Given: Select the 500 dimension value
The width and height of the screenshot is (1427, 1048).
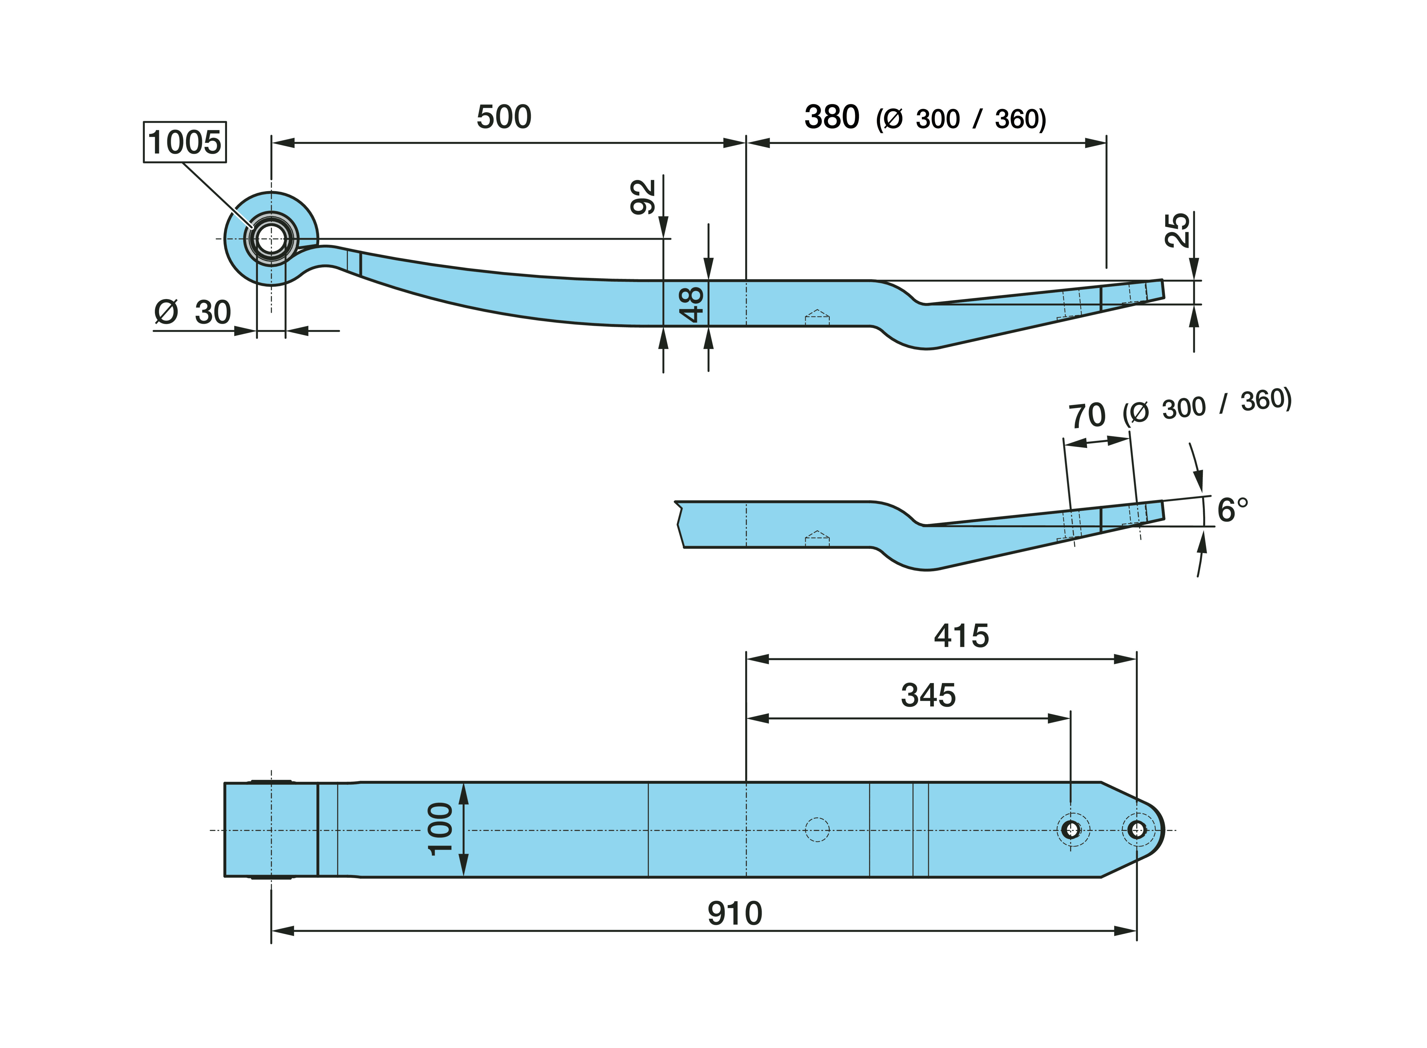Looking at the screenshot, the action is pyautogui.click(x=504, y=117).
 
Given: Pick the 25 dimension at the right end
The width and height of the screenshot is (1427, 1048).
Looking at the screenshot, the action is pyautogui.click(x=1177, y=230).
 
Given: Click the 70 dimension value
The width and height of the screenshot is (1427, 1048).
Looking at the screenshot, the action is pyautogui.click(x=1087, y=416).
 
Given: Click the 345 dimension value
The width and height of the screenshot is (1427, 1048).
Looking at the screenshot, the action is pyautogui.click(x=928, y=695).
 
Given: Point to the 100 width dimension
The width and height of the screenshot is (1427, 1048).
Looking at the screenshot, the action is pyautogui.click(x=440, y=829).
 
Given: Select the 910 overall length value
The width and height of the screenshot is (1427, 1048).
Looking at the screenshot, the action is pyautogui.click(x=735, y=913).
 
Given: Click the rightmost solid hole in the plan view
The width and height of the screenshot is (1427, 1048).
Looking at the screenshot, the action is pyautogui.click(x=1137, y=829).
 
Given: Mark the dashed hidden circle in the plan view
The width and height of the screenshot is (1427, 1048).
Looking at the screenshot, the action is pyautogui.click(x=817, y=829).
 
